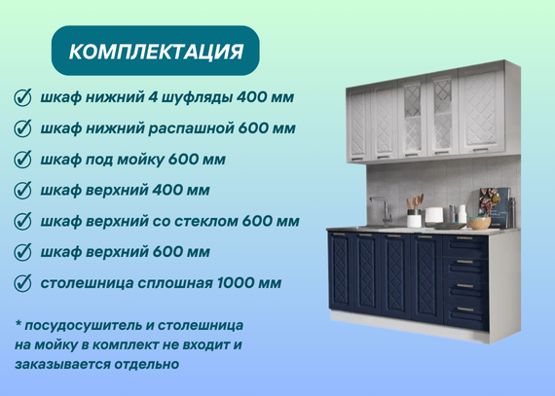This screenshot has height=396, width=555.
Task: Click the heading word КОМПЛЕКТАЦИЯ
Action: [x=156, y=52]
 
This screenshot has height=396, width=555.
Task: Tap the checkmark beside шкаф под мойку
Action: [x=22, y=160]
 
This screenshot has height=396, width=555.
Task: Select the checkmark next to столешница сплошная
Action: [x=22, y=283]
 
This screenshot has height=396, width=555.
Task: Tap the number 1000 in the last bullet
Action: [x=236, y=283]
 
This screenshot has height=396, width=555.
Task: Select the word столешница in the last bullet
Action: [x=87, y=283]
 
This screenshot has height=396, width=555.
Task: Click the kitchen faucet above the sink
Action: [x=382, y=211]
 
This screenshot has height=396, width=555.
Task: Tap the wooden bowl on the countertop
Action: [x=479, y=223]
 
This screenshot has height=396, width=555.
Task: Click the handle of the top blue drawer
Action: [x=464, y=238]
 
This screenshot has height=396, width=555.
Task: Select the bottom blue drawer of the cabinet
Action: [x=466, y=315]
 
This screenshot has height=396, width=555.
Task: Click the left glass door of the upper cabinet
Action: [x=413, y=117]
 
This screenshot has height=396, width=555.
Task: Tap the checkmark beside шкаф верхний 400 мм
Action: [x=22, y=191]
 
